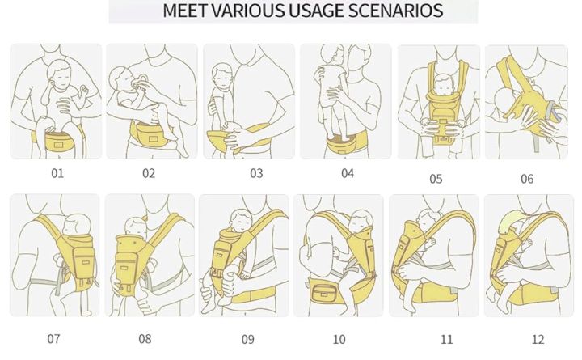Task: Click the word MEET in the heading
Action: point(183,11)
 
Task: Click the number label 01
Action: point(57,172)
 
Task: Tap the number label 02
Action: point(149,172)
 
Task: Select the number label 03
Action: point(256,172)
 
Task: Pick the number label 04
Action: point(348,172)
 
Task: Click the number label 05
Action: point(436,179)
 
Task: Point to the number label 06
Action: point(527,179)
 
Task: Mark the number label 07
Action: point(54,338)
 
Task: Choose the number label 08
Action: point(145,338)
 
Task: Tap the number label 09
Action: point(247,339)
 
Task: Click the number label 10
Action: point(339,339)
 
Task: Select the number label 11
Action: point(446,339)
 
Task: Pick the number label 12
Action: point(538,339)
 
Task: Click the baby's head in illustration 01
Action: point(57,77)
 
